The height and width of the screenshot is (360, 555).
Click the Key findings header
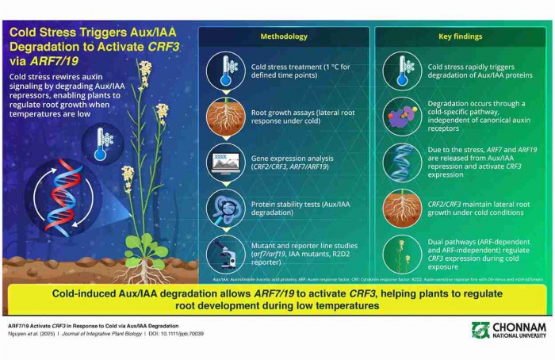460,36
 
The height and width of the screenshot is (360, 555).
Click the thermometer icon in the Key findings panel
404,71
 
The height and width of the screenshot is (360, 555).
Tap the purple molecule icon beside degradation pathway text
404,117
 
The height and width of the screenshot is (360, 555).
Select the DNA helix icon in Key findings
404,162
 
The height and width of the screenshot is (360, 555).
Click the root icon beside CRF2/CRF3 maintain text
404,208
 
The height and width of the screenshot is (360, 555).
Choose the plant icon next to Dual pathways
404,254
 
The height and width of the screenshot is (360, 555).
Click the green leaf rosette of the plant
146,249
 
